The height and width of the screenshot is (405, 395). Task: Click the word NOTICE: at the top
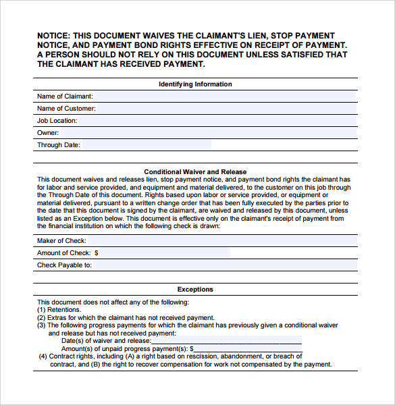53,36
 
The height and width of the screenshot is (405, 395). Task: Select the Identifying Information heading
195,84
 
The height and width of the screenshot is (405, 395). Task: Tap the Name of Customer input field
226,109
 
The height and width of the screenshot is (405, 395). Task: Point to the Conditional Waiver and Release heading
195,172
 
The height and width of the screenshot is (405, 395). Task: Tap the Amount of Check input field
165,253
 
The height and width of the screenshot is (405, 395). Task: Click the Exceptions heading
195,290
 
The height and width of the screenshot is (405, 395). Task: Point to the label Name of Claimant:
65,97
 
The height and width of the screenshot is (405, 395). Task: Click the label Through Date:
59,145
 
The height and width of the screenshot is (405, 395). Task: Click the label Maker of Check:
61,241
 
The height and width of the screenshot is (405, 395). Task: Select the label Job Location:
57,121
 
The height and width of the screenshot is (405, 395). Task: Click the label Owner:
48,133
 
